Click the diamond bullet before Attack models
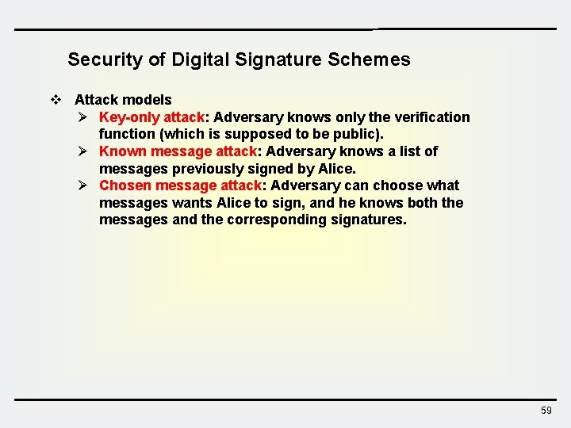(56, 100)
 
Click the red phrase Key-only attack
(151, 117)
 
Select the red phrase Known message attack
(178, 151)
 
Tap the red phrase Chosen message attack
(180, 185)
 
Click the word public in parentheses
(355, 135)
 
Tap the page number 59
(546, 411)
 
